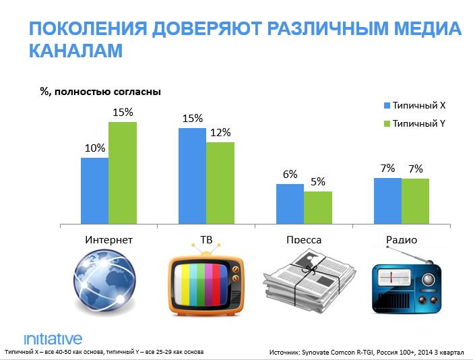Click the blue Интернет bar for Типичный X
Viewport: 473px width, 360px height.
pyautogui.click(x=94, y=191)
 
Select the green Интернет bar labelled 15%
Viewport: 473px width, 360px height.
pyautogui.click(x=122, y=173)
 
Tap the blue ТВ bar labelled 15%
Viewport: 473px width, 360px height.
pyautogui.click(x=192, y=176)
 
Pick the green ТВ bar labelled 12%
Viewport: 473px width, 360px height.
pyautogui.click(x=220, y=183)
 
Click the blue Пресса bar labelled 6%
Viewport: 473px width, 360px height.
pyautogui.click(x=290, y=204)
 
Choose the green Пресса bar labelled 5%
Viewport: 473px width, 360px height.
pyautogui.click(x=317, y=208)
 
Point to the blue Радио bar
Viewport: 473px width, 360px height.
pyautogui.click(x=387, y=201)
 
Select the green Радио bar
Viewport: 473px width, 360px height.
pyautogui.click(x=415, y=201)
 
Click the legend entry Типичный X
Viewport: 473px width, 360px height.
pyautogui.click(x=418, y=106)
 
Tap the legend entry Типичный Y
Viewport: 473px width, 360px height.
pyautogui.click(x=418, y=124)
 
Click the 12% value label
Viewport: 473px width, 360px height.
pyautogui.click(x=220, y=132)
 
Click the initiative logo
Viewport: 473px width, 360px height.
pyautogui.click(x=53, y=338)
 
